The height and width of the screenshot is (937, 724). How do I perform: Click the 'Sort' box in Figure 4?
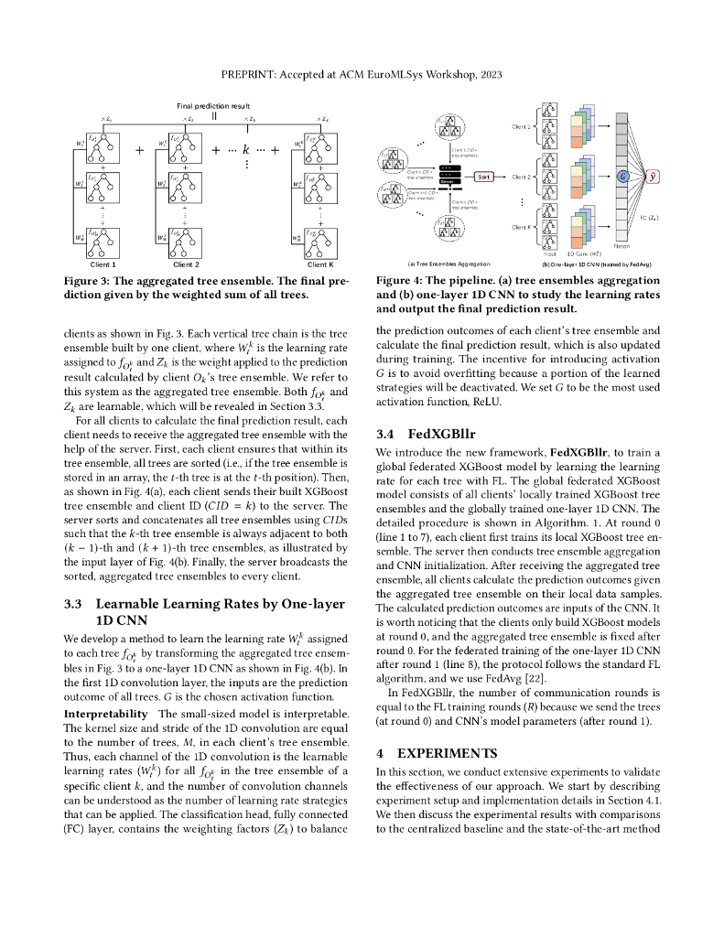click(x=485, y=176)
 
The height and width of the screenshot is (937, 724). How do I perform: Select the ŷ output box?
click(x=653, y=176)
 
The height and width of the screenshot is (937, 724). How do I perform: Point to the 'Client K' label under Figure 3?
click(x=318, y=264)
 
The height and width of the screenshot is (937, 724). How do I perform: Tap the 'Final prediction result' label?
click(x=213, y=106)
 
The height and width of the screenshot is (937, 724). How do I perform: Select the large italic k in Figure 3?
click(x=247, y=146)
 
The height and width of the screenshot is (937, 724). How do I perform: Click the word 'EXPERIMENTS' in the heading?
click(x=446, y=752)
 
